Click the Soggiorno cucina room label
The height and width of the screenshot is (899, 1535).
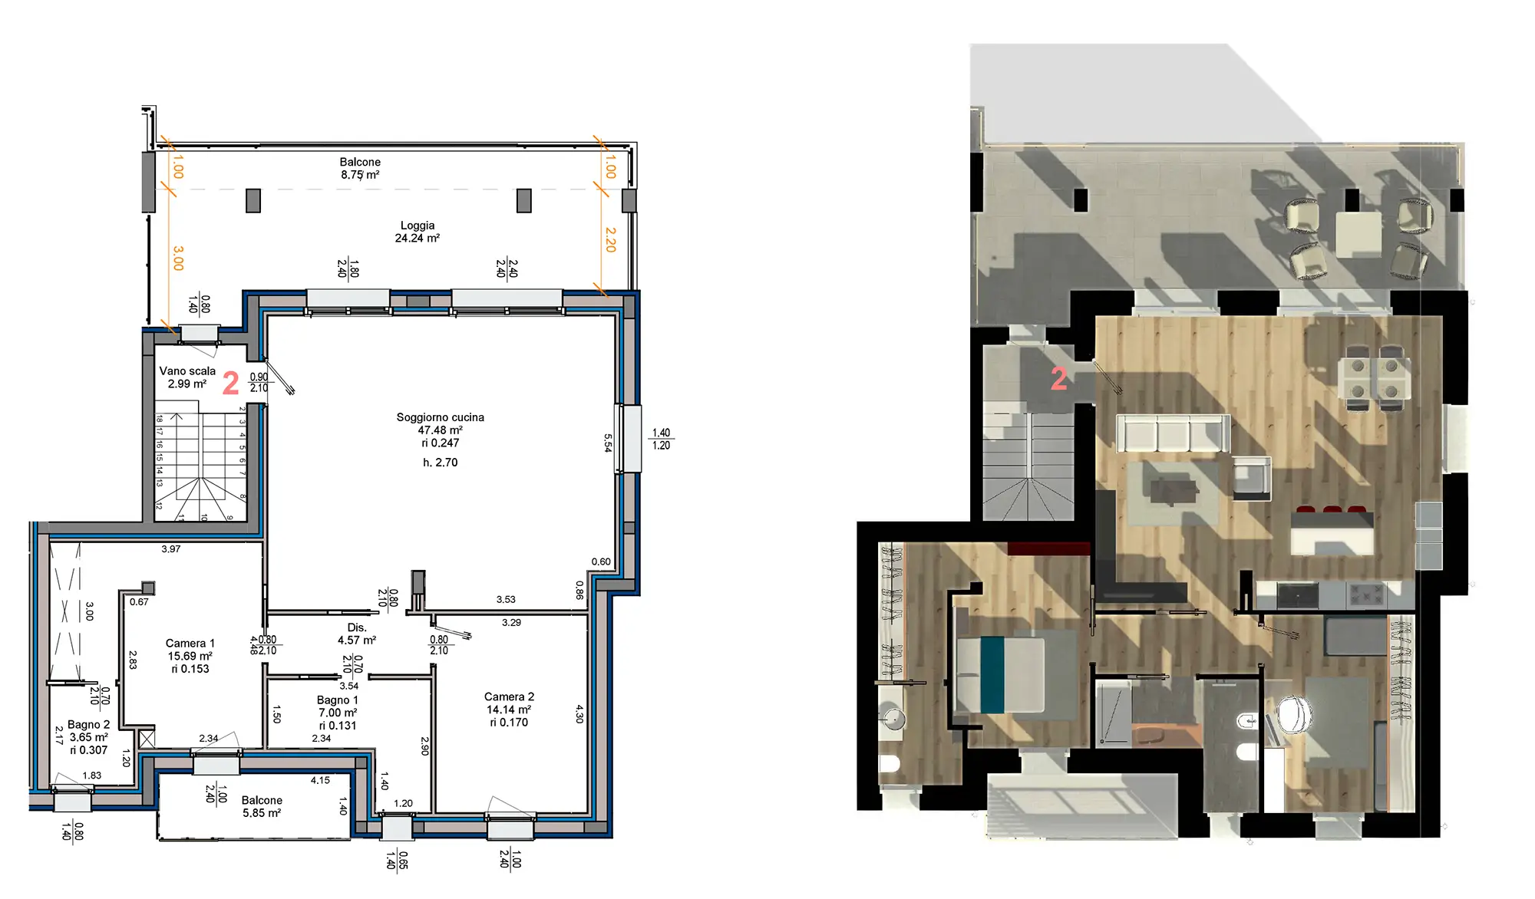(440, 417)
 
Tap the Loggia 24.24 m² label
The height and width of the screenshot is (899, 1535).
(418, 232)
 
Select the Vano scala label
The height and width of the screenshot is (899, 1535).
(187, 370)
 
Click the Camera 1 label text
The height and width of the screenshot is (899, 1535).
(190, 643)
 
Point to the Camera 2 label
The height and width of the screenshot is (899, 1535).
(509, 696)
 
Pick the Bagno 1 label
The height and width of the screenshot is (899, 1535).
(338, 700)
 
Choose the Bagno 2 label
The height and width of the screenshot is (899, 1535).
(89, 724)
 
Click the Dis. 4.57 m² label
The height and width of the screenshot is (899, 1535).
(357, 634)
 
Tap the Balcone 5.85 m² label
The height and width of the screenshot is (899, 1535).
(262, 806)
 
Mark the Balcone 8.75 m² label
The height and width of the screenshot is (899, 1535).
(360, 168)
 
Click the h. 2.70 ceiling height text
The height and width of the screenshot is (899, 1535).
(440, 463)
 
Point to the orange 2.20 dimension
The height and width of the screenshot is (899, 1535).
(610, 239)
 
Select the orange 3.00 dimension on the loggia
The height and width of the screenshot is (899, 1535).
(178, 258)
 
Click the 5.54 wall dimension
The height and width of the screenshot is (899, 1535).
(608, 443)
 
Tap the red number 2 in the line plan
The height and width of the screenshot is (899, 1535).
(230, 383)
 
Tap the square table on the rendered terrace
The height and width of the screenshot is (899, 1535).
(1358, 235)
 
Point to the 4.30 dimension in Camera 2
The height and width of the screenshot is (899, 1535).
(579, 714)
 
